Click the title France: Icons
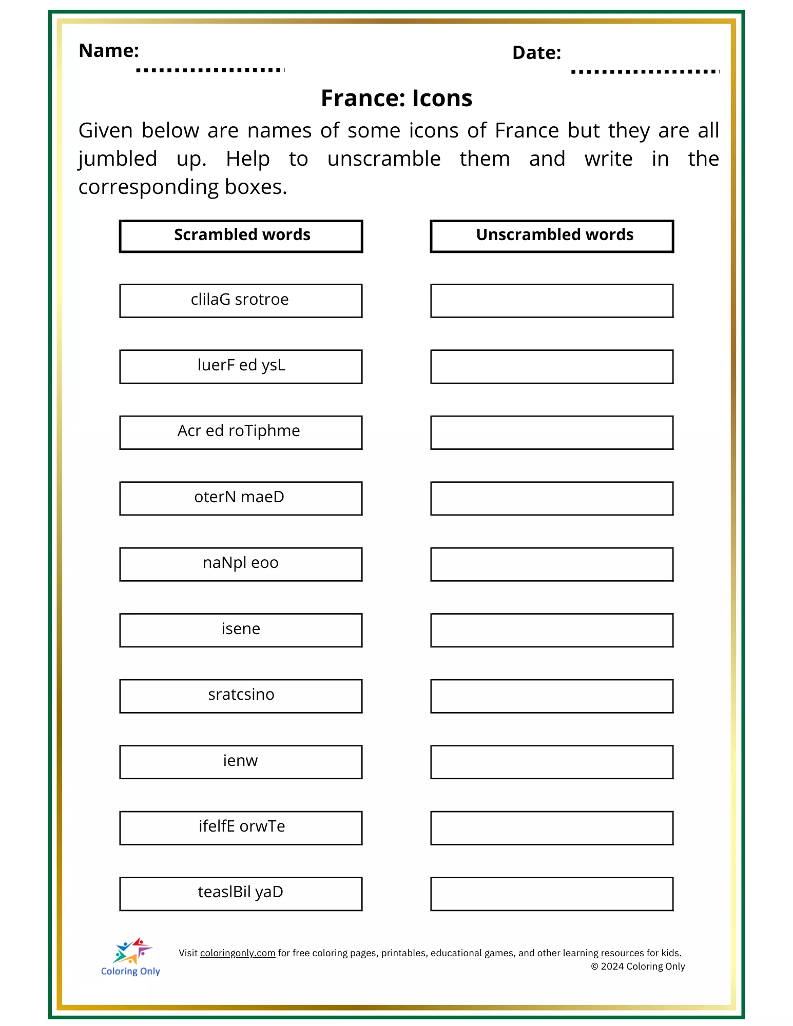coord(396,98)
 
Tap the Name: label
coord(109,51)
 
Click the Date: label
coord(536,53)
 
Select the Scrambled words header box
coord(241,236)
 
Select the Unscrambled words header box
coord(552,236)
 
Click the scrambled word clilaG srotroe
coord(240,300)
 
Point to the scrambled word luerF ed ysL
coord(241,365)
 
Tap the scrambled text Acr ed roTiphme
coord(239,431)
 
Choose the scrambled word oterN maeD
coord(239,497)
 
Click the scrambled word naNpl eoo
coord(241,563)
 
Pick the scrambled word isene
coord(241,629)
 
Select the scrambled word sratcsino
coord(241,695)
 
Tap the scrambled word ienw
coord(241,761)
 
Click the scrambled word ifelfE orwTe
coord(242,826)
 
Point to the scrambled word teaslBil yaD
coord(241,892)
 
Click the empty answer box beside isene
coord(552,630)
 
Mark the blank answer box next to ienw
coord(552,762)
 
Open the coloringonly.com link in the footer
coord(238,953)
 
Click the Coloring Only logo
coord(131,957)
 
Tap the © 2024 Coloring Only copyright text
coord(638,966)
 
